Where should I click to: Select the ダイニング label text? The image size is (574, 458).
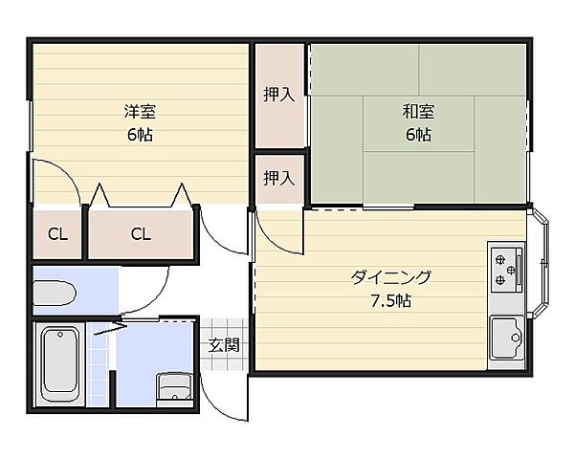pos(390,278)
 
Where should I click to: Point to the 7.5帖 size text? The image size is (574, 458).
pos(390,301)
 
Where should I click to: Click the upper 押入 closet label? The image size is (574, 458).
pos(278,95)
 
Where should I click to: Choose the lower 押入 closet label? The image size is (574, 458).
pos(278,178)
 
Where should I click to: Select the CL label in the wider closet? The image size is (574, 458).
pos(140,233)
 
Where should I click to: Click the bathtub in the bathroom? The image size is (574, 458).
pos(60,364)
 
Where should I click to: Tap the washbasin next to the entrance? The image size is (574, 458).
pos(174,388)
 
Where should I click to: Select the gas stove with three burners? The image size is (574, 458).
pos(505,272)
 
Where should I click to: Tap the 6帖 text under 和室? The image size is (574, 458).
pos(418,135)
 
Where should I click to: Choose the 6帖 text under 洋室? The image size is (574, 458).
pos(139,135)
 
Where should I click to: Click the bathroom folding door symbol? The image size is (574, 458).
pos(108,327)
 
